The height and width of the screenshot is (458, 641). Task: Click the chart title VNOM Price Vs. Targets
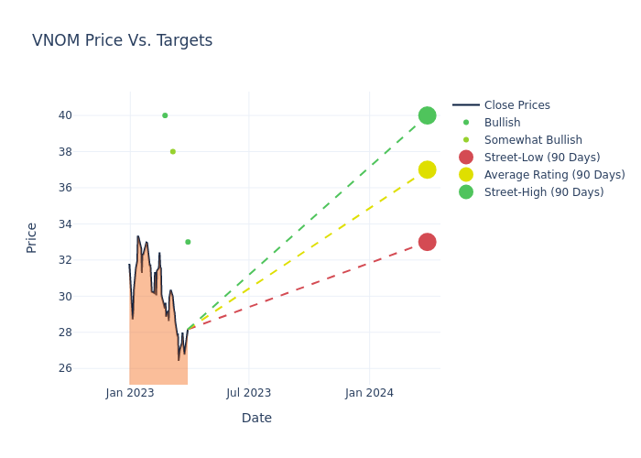[x=122, y=40]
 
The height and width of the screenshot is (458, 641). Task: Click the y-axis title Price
[x=32, y=237]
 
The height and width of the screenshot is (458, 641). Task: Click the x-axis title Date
[x=256, y=418]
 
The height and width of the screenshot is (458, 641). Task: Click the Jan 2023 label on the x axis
[x=130, y=393]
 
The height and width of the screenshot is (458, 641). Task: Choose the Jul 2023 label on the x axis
[x=248, y=393]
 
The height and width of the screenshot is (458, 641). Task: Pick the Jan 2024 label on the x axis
[x=369, y=393]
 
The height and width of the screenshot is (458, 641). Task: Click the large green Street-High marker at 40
[x=427, y=115]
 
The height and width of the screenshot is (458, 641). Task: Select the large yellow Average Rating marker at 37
[x=427, y=169]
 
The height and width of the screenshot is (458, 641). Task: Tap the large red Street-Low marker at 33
[x=427, y=242]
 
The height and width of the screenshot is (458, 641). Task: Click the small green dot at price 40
[x=165, y=115]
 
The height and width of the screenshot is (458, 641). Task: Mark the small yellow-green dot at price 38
[x=172, y=152]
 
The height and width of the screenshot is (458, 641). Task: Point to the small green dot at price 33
[x=188, y=242]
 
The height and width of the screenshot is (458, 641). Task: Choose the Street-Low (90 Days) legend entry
[x=541, y=158]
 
